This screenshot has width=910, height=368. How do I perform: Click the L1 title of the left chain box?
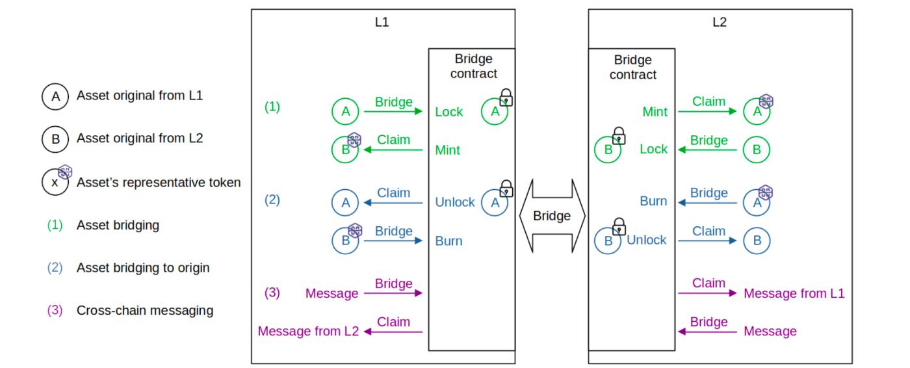pos(383,21)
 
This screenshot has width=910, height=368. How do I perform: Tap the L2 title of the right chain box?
pos(720,21)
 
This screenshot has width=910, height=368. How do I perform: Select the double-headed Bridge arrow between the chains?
pos(552,216)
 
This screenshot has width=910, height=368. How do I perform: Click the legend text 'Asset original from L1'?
pos(140,96)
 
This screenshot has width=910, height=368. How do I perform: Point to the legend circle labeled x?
pos(55,183)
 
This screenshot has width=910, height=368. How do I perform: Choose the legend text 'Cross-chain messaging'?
pos(145,310)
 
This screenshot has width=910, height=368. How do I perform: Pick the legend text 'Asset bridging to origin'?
pos(143,267)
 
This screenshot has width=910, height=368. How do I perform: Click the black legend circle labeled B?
pos(55,139)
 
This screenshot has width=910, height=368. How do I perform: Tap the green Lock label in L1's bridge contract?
pos(449,112)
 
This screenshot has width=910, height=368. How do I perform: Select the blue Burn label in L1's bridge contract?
pos(448,241)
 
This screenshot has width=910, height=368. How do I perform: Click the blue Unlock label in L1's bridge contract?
pos(455,202)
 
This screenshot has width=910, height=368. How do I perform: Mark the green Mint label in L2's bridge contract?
pos(655,112)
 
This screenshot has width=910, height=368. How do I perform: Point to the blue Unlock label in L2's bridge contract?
pos(646,240)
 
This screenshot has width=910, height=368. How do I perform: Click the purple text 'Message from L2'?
pos(308,331)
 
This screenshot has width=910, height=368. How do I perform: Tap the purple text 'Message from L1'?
pos(794,293)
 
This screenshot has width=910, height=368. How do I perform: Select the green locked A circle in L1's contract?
pos(494,112)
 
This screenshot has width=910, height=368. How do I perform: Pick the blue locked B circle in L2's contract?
pos(608,240)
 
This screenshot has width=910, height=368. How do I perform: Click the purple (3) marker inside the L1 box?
pos(272,293)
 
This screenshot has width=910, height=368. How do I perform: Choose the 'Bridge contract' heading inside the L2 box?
pos(632,67)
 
